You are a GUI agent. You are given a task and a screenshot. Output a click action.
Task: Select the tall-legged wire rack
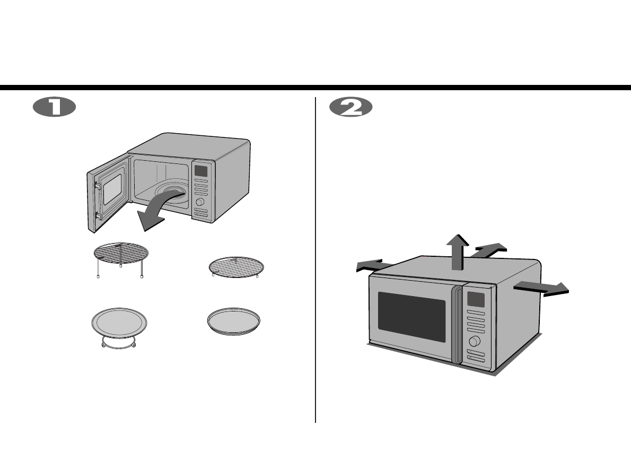[x=120, y=255]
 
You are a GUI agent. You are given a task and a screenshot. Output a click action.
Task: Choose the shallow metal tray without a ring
[x=235, y=320]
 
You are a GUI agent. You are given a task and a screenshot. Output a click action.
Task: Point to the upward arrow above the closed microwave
[x=457, y=251]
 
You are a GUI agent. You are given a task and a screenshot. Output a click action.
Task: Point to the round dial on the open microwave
[x=200, y=203]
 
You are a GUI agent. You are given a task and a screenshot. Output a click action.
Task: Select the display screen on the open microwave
[x=201, y=170]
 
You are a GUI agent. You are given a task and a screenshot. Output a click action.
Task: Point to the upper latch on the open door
[x=99, y=185]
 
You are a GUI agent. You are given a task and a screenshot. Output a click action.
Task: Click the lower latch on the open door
[x=99, y=216]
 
